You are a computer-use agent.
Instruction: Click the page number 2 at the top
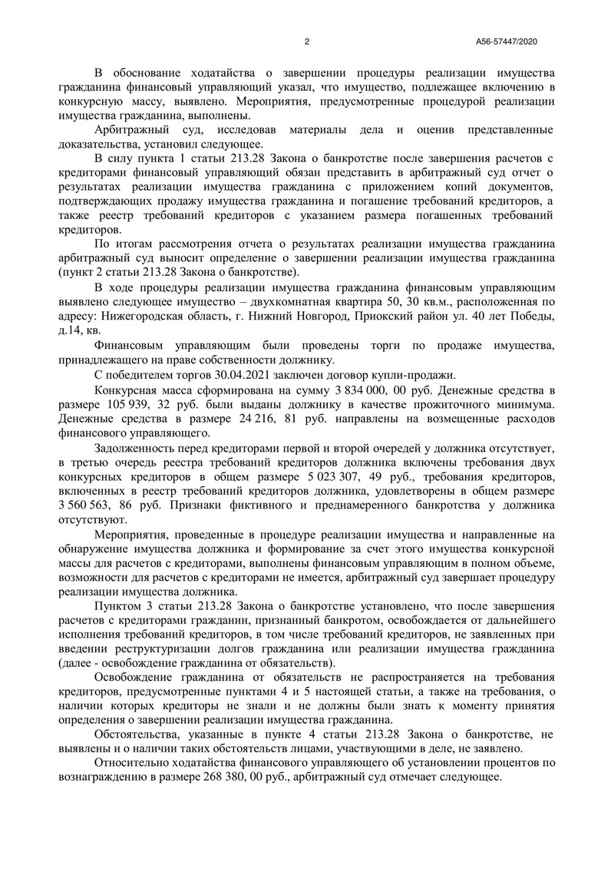click(306, 41)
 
